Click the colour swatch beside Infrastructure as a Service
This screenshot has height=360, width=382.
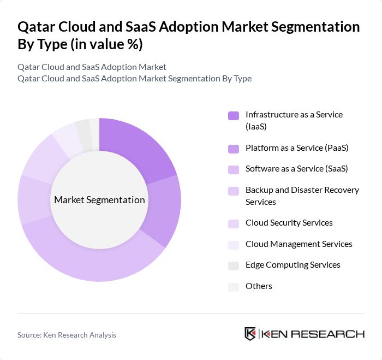click(x=234, y=115)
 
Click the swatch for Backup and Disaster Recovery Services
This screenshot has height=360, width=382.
click(x=234, y=191)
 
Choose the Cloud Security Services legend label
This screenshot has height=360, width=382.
click(x=289, y=223)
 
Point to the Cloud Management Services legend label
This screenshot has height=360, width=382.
click(x=299, y=244)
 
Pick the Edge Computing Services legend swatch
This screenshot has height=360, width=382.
click(x=234, y=265)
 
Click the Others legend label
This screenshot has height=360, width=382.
click(x=259, y=286)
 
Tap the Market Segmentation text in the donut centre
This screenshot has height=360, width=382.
click(x=99, y=200)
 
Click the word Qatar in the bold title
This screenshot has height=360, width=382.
click(x=36, y=27)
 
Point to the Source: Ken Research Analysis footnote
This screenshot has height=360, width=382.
click(x=67, y=335)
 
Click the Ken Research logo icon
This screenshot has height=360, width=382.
click(x=250, y=334)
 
